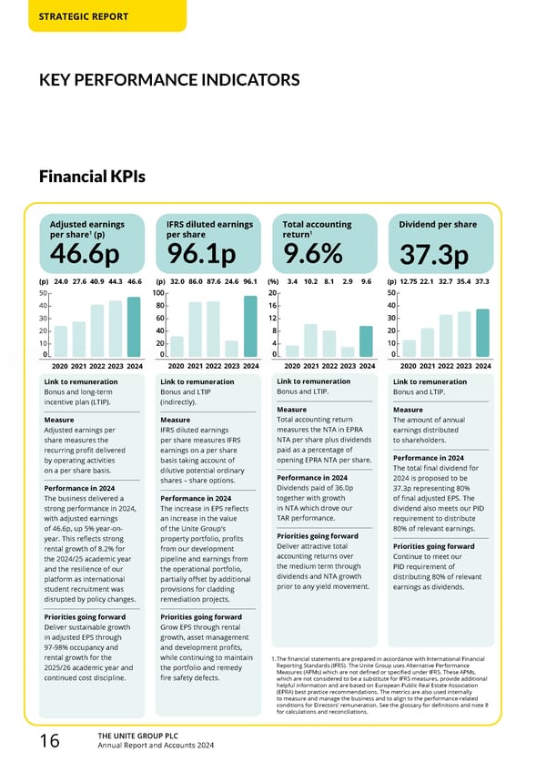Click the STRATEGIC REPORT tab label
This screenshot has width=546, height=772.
point(83,16)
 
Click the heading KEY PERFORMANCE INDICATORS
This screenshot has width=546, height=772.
point(169,80)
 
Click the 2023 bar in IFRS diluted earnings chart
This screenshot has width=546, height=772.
point(231,349)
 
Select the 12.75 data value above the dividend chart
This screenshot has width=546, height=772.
point(409,281)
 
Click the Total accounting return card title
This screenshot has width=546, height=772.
point(317,224)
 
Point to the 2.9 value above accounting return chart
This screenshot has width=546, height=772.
point(348,281)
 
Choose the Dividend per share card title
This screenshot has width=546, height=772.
point(438,224)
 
